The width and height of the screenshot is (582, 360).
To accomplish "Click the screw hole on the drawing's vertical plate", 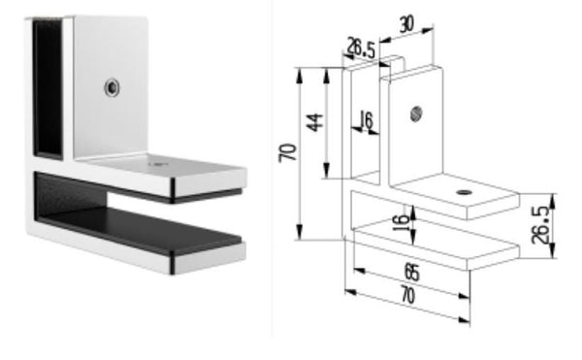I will pyautogui.click(x=416, y=113).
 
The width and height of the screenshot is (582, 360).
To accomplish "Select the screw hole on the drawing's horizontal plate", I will pyautogui.click(x=463, y=192).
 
